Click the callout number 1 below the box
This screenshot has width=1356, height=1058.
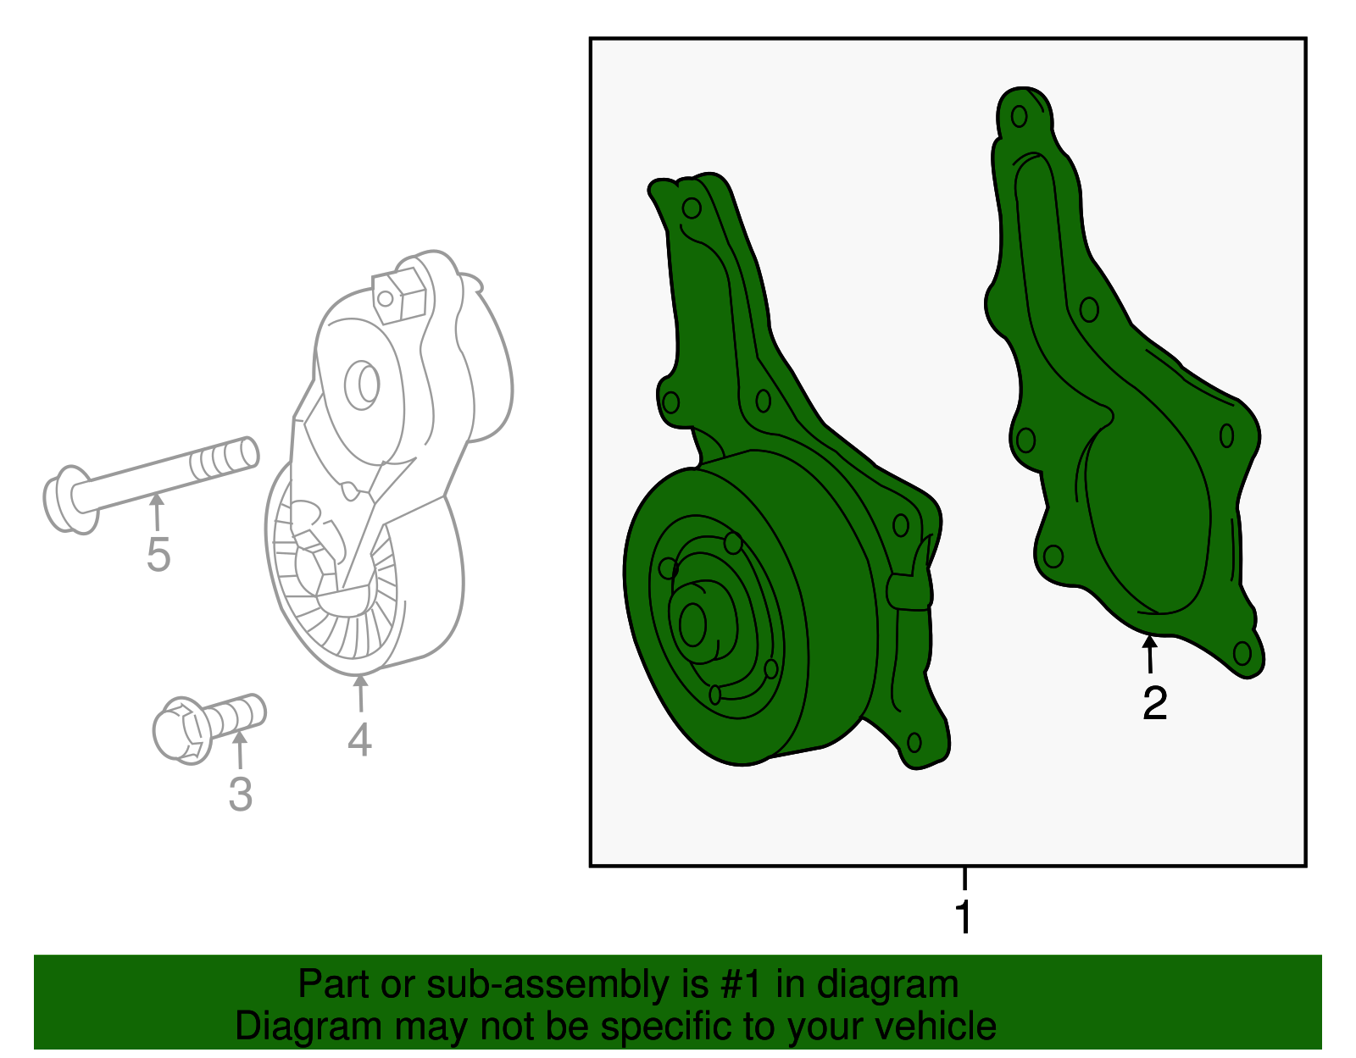[964, 917]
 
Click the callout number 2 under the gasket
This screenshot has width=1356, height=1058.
[1154, 703]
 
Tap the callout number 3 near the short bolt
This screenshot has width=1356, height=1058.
[240, 795]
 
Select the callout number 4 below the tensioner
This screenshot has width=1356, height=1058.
[359, 739]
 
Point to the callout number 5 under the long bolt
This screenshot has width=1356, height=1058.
[158, 554]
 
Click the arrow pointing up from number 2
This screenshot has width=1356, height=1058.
[1149, 654]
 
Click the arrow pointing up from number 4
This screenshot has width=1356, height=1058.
[360, 693]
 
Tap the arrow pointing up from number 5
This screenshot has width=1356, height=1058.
[157, 512]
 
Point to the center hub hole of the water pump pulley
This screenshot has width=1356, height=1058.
[692, 624]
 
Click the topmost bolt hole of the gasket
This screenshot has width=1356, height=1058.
[1019, 116]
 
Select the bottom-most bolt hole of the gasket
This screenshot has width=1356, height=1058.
[1242, 653]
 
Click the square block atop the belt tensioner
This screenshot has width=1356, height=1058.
[399, 296]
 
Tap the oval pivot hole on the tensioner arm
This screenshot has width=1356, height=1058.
[362, 385]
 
